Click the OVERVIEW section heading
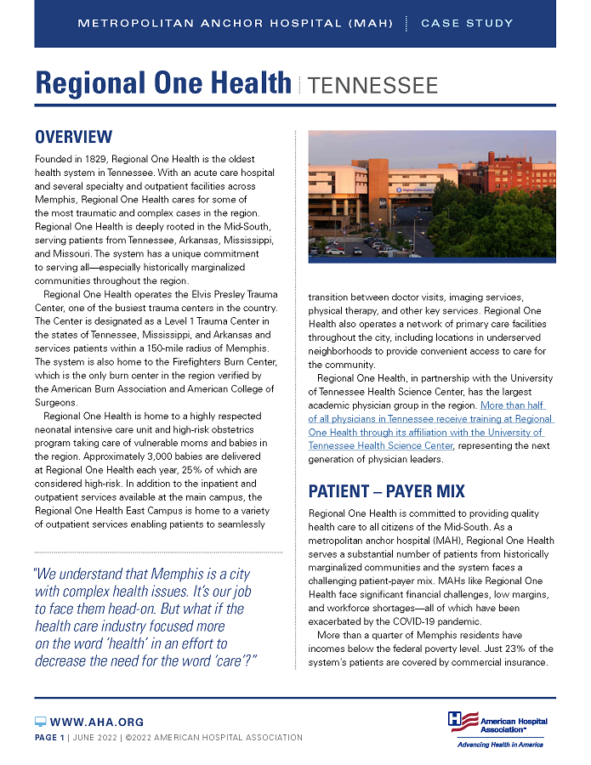point(73,137)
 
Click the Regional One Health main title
point(163,83)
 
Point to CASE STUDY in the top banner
point(467,23)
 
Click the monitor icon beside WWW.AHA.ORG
point(40,722)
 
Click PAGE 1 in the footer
point(49,737)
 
